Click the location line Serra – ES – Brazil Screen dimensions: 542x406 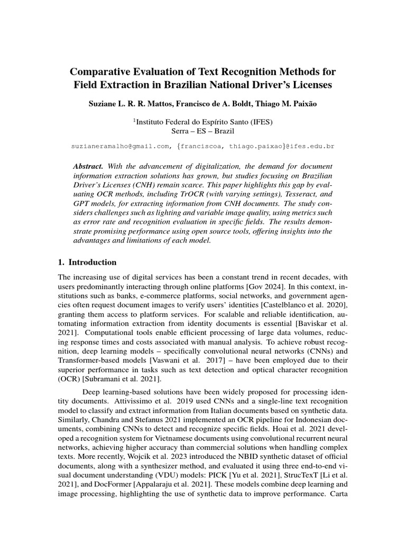tap(203, 131)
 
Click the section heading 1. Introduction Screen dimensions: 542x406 tap(87, 263)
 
